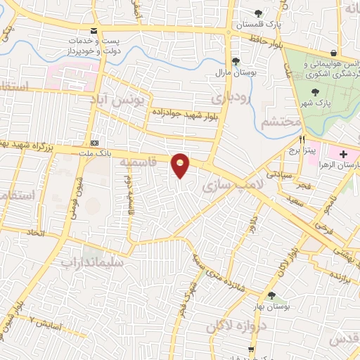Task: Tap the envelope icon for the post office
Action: coord(94,31)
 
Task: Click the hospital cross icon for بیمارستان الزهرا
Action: coord(344,154)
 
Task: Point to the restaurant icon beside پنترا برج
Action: coord(303,139)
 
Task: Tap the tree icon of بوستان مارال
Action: coord(236,61)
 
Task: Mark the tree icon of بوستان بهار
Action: coord(271,296)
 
